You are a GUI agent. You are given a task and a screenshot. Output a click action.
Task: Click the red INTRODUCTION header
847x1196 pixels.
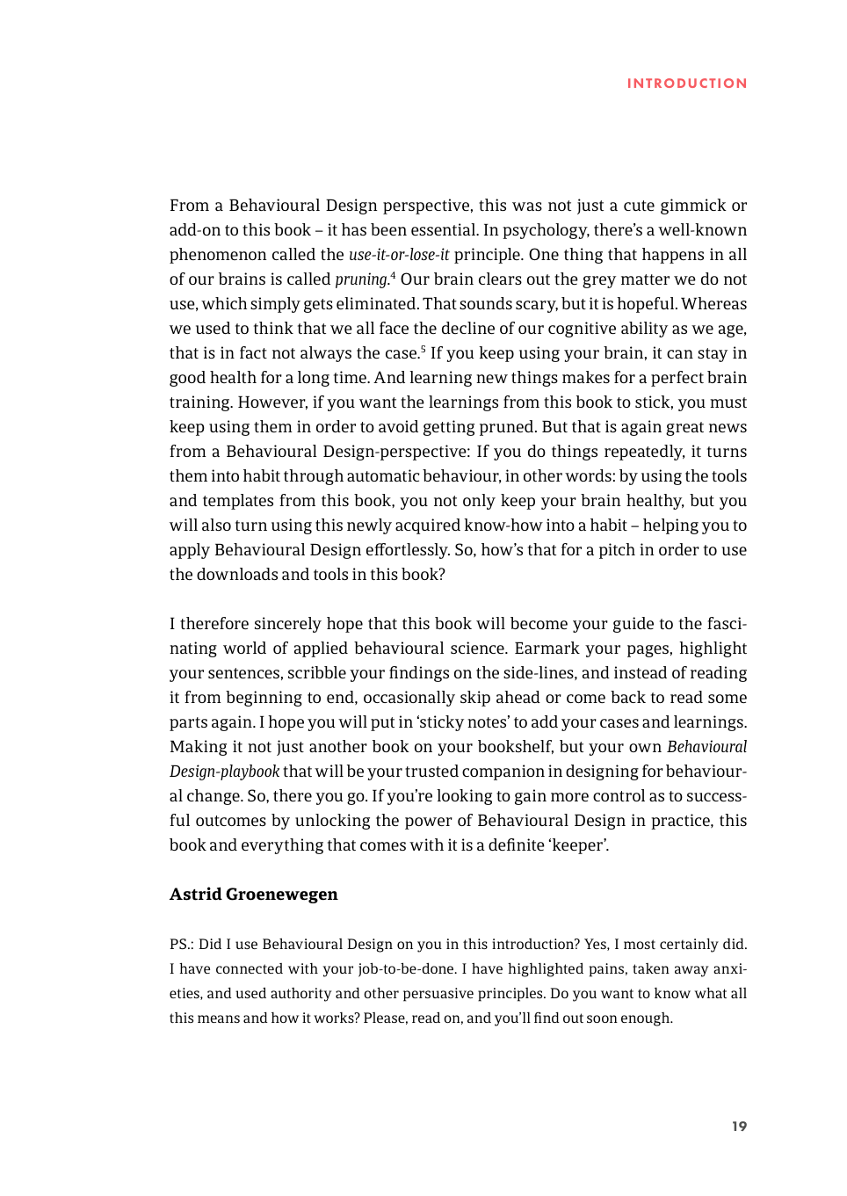click(x=686, y=83)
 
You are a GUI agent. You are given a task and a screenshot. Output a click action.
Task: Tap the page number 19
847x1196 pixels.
click(x=739, y=1126)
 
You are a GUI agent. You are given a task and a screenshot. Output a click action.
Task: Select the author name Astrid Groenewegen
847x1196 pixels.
click(x=253, y=894)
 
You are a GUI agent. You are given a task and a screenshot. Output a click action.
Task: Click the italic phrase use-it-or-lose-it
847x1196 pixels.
click(x=398, y=255)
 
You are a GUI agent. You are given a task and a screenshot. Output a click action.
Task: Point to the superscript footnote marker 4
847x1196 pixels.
click(x=393, y=275)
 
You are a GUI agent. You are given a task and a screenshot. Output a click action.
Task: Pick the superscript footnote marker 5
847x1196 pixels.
click(x=423, y=349)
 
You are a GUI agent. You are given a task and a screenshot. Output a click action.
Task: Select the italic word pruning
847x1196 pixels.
click(x=361, y=279)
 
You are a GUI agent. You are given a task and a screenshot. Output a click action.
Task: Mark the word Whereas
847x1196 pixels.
click(x=713, y=304)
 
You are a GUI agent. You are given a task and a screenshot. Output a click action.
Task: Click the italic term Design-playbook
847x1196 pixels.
click(x=224, y=772)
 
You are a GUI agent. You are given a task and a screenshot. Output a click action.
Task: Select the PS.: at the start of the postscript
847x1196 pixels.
click(x=182, y=944)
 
